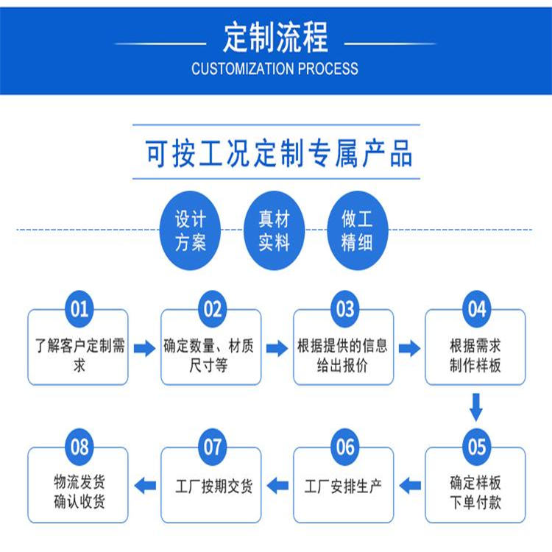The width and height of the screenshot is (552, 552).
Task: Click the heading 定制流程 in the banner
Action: (276, 38)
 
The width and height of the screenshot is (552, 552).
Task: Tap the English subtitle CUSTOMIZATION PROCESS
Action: (275, 68)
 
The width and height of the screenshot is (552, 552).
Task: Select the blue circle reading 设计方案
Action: (190, 230)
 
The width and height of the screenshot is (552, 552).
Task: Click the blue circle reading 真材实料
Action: (275, 230)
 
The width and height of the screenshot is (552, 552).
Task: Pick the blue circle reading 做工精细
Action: (358, 230)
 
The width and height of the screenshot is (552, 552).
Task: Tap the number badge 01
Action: (79, 309)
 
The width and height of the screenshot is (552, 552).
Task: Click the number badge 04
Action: (477, 309)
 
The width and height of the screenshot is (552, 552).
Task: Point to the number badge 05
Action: (477, 447)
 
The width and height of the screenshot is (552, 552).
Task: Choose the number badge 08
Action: (79, 447)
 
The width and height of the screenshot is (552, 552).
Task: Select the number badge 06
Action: (345, 447)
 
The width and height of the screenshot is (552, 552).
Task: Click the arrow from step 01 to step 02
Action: (145, 349)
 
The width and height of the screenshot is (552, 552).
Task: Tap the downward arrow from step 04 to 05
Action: (476, 407)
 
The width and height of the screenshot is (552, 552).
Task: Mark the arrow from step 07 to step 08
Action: (145, 486)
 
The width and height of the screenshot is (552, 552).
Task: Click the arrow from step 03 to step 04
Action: (409, 349)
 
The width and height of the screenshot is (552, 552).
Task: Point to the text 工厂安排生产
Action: (343, 486)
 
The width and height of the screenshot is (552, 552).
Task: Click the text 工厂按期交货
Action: (214, 486)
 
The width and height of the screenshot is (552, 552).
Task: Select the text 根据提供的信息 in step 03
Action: (342, 345)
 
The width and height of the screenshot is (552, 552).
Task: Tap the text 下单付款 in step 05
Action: (475, 502)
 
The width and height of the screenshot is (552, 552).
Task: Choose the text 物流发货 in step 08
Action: (79, 481)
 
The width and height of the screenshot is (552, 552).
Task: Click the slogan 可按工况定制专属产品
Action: (278, 153)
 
